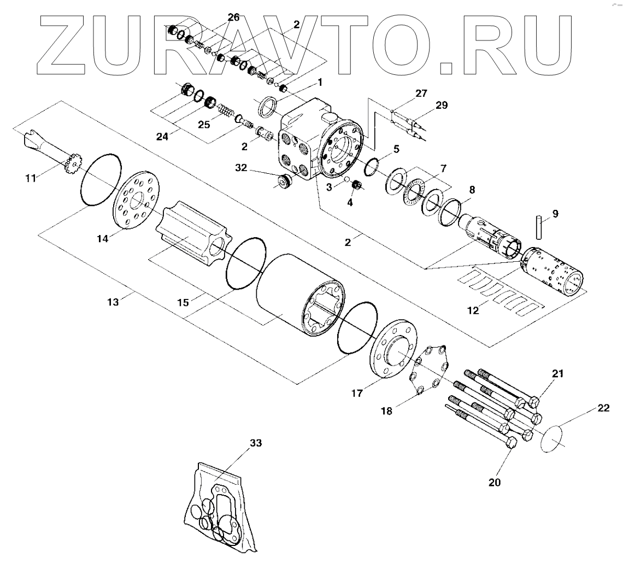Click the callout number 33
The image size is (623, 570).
(256, 443)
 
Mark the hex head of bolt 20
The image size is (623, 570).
(511, 443)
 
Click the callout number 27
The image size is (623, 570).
(421, 93)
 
